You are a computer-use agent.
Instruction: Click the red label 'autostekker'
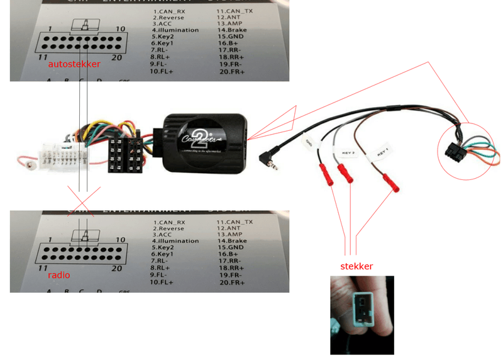(x=74, y=65)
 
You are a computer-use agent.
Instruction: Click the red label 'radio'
(x=59, y=275)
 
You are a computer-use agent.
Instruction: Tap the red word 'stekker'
(x=356, y=266)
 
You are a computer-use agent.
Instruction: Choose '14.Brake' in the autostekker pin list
(x=233, y=30)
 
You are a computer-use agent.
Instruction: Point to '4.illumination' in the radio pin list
(x=175, y=240)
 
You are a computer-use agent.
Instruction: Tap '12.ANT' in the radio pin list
(x=229, y=227)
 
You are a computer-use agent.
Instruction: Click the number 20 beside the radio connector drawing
(x=116, y=267)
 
